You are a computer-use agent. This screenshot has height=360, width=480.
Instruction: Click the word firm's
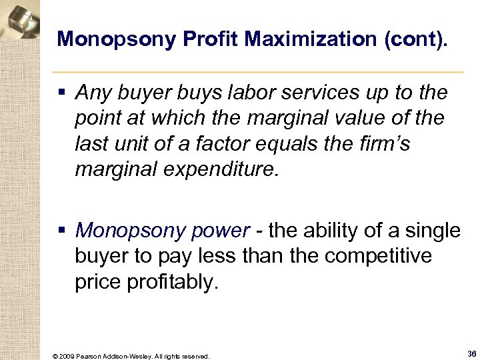[x=386, y=143]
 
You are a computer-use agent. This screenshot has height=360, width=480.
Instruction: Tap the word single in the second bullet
[x=434, y=231]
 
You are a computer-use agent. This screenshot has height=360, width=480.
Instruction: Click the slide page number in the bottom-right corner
[x=471, y=354]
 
